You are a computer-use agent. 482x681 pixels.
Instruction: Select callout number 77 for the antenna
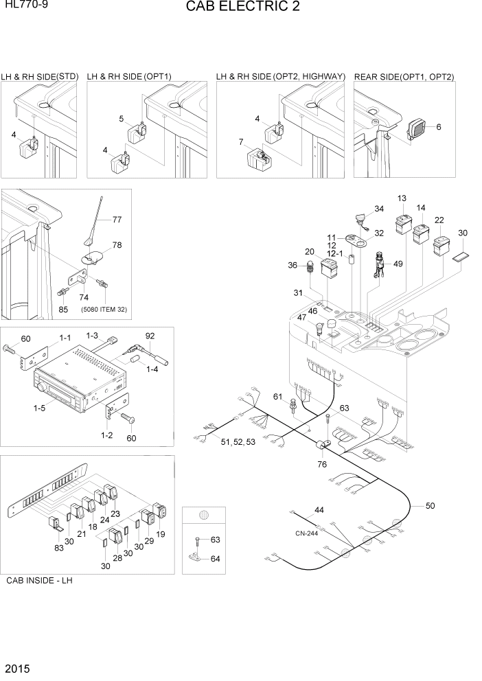click(116, 220)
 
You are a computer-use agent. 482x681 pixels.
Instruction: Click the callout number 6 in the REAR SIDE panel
click(439, 126)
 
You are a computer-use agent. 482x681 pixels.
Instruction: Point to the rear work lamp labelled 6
click(417, 130)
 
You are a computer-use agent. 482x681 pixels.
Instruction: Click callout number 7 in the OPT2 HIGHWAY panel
click(241, 142)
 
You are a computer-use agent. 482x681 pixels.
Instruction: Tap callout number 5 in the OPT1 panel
click(121, 119)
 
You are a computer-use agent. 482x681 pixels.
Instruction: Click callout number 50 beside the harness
click(430, 506)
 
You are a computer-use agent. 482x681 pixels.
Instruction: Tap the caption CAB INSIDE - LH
click(40, 581)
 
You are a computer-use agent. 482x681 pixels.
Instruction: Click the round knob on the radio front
click(41, 388)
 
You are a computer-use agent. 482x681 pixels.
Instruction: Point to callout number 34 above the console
click(379, 209)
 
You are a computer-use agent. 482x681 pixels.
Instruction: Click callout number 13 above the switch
click(402, 198)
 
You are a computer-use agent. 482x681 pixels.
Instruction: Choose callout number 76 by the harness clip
click(322, 463)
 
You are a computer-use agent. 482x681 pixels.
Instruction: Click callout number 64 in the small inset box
click(215, 559)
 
